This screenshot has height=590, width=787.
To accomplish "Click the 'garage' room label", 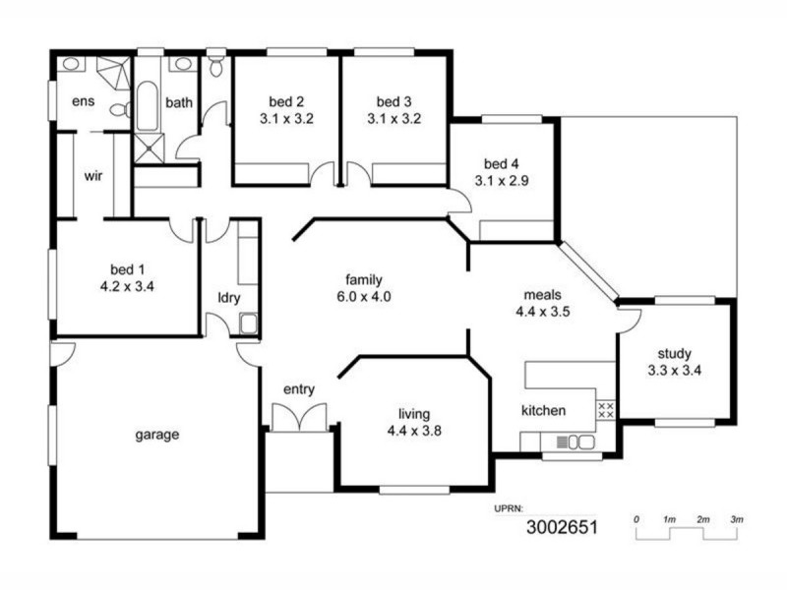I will click(x=156, y=434).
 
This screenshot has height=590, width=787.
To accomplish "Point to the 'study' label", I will click(x=674, y=354).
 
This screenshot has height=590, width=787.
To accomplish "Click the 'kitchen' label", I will click(x=543, y=409).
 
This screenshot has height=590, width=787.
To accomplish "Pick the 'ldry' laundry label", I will click(x=228, y=298).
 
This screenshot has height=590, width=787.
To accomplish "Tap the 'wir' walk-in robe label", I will click(x=93, y=176).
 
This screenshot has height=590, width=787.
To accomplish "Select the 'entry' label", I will click(x=298, y=389).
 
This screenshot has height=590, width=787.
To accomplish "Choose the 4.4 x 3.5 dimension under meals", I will click(x=543, y=311).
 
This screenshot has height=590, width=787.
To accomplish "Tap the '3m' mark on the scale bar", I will click(x=736, y=518).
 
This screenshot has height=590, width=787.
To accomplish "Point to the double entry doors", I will click(x=299, y=417).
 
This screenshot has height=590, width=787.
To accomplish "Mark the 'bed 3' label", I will click(x=393, y=101).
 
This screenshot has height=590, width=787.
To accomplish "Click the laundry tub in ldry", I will click(x=248, y=322).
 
